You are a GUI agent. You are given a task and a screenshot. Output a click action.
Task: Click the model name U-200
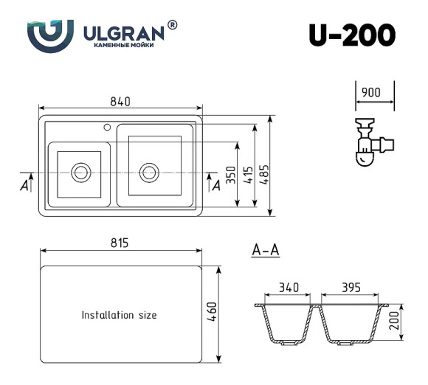[x=351, y=35]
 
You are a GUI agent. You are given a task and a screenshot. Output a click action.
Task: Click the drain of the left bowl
[x=79, y=173]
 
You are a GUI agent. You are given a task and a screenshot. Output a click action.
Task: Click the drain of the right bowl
[x=149, y=173]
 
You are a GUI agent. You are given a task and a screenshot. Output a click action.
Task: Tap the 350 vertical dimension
[x=231, y=175]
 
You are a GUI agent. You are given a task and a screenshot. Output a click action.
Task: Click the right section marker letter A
[x=215, y=184]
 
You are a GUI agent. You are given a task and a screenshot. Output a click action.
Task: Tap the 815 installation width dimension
[x=119, y=243]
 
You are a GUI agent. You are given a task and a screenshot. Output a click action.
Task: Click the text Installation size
[x=119, y=315]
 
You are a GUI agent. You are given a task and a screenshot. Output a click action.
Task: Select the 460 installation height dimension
[x=213, y=313]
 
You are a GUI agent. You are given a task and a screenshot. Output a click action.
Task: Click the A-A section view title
[x=265, y=252]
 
